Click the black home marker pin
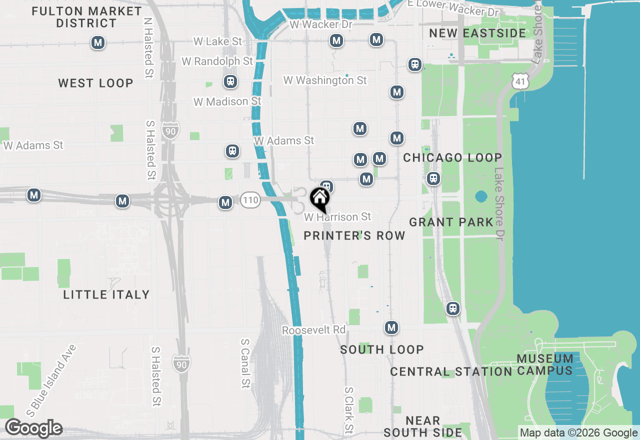(x=319, y=199)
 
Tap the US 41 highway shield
(x=520, y=80)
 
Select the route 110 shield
(x=250, y=200)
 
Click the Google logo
(x=33, y=428)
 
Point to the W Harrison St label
(x=338, y=217)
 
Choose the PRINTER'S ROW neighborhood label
(x=354, y=235)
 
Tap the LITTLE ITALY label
(x=106, y=295)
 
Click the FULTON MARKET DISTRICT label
(x=86, y=17)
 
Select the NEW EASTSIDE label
(x=477, y=33)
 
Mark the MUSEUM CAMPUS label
(x=545, y=364)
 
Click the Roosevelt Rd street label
(x=314, y=330)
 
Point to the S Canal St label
(x=245, y=363)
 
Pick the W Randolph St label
(x=217, y=61)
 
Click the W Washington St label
(x=325, y=80)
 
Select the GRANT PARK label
(x=451, y=222)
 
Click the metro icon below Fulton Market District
(x=98, y=43)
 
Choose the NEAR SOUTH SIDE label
(x=423, y=426)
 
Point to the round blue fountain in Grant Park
(x=481, y=196)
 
